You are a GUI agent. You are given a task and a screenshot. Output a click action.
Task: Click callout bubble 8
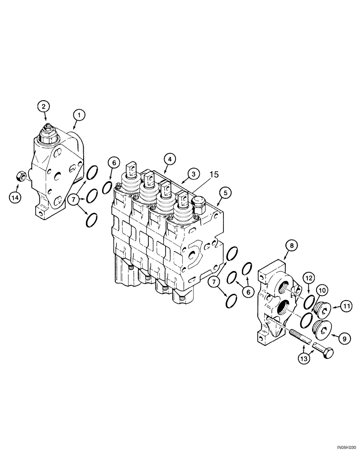coord(291,245)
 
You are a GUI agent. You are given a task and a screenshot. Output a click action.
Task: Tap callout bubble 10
coord(322,289)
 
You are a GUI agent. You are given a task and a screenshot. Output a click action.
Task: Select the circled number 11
coord(346,307)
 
